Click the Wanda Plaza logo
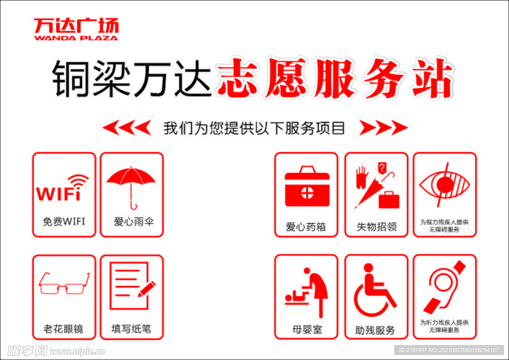(76, 29)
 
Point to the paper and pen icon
(132, 285)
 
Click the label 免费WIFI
(64, 221)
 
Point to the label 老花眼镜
(64, 329)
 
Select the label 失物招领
(376, 227)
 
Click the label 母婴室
(307, 330)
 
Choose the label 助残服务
(375, 330)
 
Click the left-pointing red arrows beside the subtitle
(127, 128)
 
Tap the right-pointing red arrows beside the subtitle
(383, 128)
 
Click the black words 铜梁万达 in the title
(132, 80)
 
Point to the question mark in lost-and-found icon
(381, 168)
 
